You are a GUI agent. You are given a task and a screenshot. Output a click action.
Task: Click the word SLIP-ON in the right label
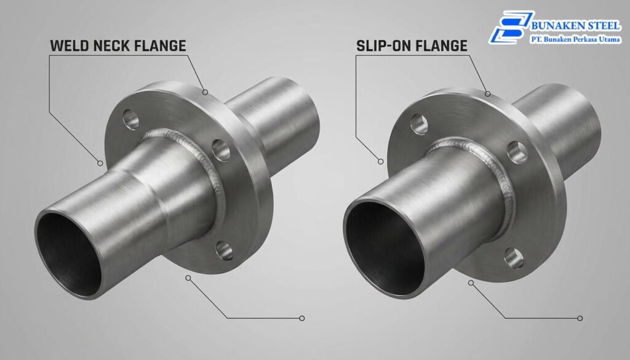(x=385, y=45)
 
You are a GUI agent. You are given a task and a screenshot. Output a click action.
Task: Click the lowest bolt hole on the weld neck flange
(x=224, y=250)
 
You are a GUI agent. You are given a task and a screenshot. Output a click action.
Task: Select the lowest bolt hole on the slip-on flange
(x=514, y=257)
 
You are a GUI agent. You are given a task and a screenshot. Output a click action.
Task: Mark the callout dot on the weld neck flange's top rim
(x=205, y=92)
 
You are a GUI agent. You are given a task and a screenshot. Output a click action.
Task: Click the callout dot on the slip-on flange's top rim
(x=487, y=94)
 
